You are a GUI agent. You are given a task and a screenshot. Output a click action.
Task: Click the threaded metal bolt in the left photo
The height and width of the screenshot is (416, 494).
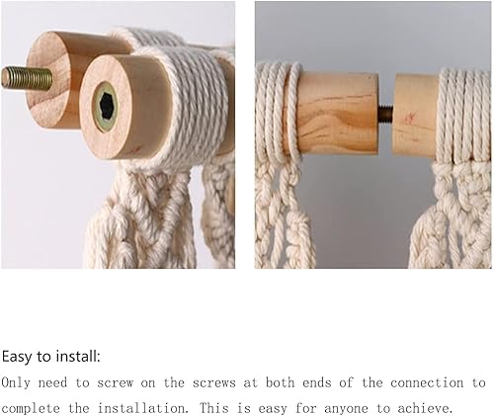tap(27, 78)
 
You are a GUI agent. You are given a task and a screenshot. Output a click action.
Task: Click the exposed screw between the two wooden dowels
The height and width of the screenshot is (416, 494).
tap(386, 113)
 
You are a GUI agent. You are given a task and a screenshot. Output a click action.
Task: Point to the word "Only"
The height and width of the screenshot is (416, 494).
tap(16, 383)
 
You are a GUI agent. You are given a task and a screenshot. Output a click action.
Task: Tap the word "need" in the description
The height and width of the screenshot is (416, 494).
tap(52, 383)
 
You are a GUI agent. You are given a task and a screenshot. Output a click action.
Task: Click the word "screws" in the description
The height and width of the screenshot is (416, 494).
tap(214, 383)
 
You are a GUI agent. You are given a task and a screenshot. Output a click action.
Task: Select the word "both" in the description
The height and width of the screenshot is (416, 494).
tap(280, 382)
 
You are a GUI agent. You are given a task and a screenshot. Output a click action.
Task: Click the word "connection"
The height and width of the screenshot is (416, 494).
tap(427, 383)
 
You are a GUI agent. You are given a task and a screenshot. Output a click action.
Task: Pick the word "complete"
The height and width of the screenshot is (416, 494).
tap(31, 409)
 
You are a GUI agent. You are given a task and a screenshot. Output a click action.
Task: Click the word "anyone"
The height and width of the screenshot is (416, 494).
tap(346, 409)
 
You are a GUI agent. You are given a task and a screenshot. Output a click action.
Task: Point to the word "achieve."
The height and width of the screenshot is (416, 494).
tap(425, 409)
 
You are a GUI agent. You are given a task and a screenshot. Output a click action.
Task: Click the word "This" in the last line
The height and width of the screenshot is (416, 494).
tap(214, 408)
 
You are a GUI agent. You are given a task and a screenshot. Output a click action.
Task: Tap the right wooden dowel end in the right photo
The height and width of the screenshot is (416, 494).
tap(415, 116)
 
